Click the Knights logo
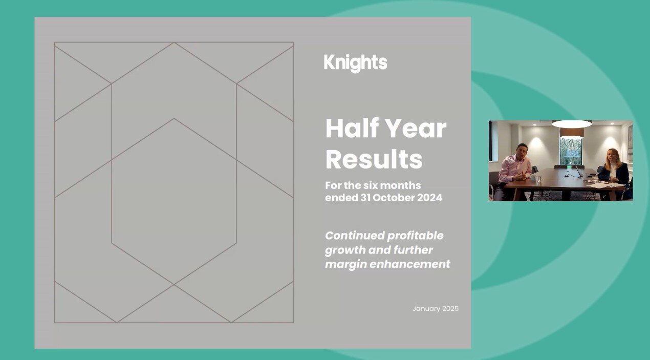tap(355, 63)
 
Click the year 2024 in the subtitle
tap(429, 198)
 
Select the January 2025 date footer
tap(435, 309)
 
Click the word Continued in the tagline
tap(354, 236)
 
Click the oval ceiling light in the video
tap(572, 123)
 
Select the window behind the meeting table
tap(571, 149)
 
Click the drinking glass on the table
tap(539, 178)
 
